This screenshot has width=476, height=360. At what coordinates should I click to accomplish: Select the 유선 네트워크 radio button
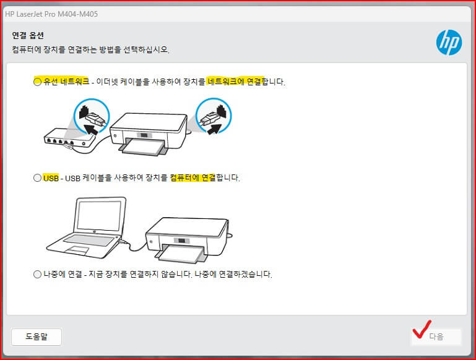[37, 82]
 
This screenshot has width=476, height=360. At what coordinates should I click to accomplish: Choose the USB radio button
[37, 178]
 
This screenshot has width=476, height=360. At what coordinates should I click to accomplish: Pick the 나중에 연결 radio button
[37, 273]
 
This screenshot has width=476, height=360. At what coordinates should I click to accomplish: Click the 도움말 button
[36, 336]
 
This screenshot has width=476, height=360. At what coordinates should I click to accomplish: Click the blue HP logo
[449, 42]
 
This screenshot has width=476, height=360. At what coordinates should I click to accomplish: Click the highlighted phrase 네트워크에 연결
[235, 82]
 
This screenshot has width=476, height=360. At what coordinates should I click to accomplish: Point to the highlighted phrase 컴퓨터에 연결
[193, 178]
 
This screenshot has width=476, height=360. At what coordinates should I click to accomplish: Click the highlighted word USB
[51, 178]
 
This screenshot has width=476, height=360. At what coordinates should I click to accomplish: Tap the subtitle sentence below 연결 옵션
[90, 49]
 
